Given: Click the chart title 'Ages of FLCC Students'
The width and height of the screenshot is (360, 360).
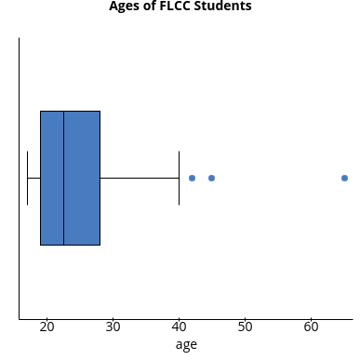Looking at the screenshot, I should (x=180, y=7).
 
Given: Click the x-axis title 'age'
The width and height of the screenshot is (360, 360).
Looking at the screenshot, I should (x=186, y=345).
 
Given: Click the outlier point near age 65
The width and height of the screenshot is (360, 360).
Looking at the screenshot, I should (x=344, y=178).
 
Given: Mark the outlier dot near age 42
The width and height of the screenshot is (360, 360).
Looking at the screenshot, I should (x=192, y=178).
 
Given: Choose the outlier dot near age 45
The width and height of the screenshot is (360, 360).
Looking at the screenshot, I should (x=211, y=178).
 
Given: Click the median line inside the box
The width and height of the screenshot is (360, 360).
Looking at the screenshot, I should (x=63, y=178).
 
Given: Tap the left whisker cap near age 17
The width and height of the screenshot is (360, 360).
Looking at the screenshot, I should (x=27, y=178).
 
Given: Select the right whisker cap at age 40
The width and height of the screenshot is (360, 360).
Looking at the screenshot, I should (x=179, y=178).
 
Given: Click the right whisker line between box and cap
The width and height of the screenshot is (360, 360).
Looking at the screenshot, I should (x=140, y=178).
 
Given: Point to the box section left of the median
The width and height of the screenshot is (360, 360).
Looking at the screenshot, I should (x=51, y=178).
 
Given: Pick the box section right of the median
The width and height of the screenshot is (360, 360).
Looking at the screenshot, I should (x=82, y=178).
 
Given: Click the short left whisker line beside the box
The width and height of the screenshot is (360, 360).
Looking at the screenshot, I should (x=33, y=178).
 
